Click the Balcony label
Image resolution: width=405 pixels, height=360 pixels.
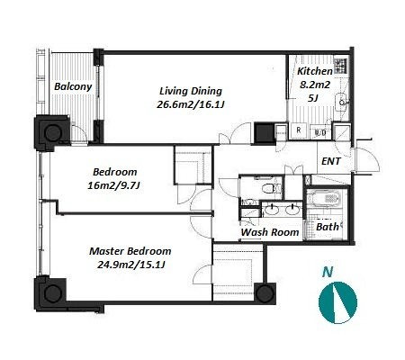[x=73, y=86]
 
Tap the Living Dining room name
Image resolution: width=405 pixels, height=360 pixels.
[x=191, y=91]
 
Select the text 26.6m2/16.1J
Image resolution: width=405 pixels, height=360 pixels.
[x=191, y=104]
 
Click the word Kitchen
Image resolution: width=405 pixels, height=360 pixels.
[x=315, y=71]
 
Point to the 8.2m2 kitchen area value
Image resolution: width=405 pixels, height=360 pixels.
[x=315, y=85]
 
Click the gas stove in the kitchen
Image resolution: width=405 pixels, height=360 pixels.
[x=340, y=66]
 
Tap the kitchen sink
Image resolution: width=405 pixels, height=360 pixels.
[x=342, y=101]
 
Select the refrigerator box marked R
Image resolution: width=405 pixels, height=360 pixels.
[x=299, y=130]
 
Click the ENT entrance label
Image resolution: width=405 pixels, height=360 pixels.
[x=331, y=161]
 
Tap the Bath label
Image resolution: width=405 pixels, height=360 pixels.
[x=328, y=227]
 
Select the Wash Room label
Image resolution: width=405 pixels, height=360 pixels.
[x=270, y=232]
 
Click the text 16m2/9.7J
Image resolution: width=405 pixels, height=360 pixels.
[x=114, y=185]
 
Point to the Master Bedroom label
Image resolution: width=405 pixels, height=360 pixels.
[x=130, y=251]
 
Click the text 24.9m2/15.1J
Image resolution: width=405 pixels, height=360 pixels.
[x=131, y=265]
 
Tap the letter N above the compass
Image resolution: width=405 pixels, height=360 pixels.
[x=328, y=272]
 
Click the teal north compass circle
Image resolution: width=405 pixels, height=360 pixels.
[x=337, y=302]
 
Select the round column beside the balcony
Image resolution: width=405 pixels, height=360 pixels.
[x=53, y=132]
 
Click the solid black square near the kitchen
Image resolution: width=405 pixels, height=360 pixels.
[x=265, y=132]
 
